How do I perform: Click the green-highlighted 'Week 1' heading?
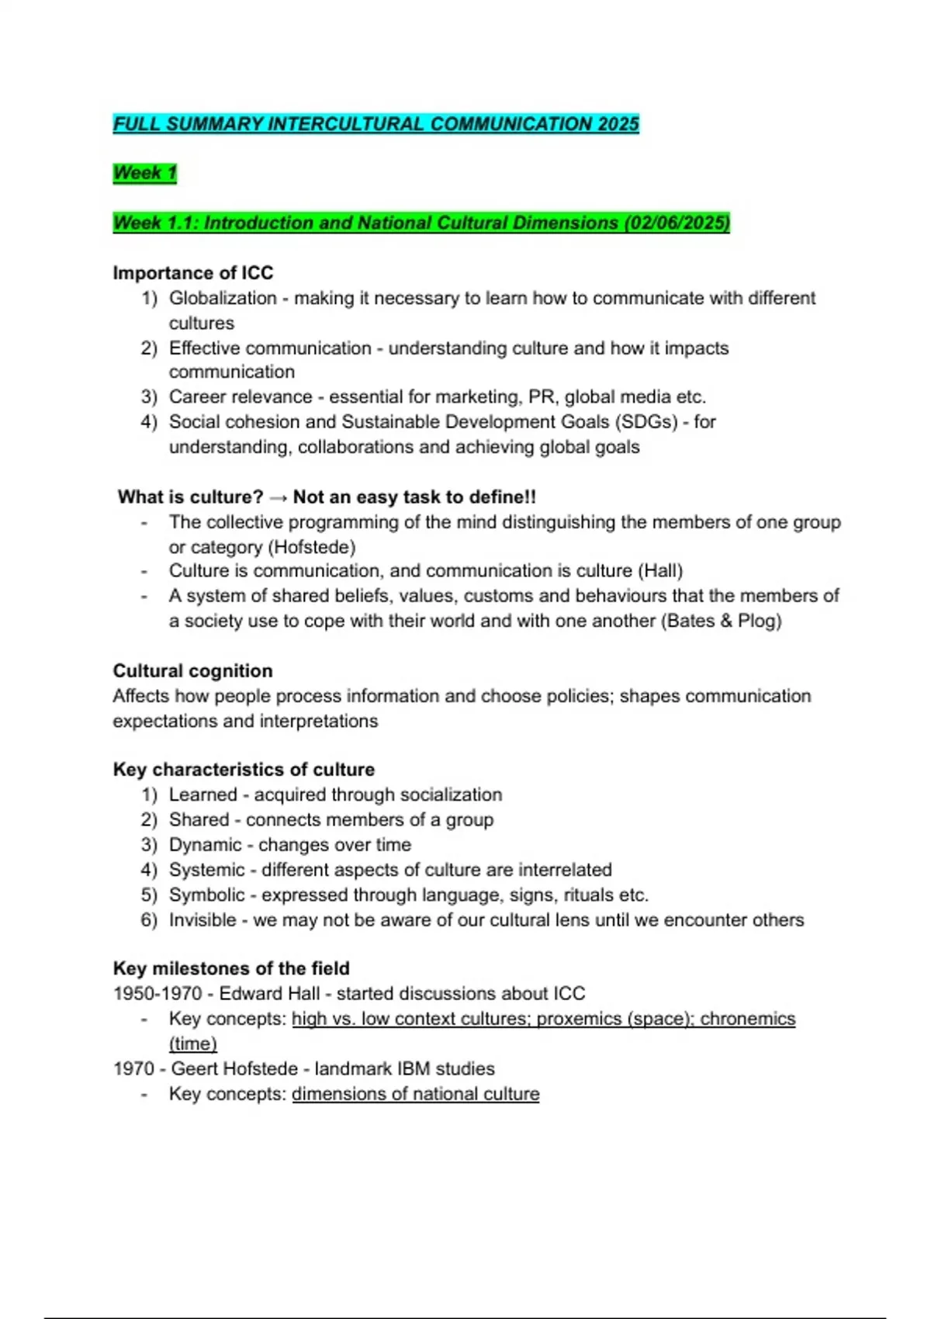pos(145,173)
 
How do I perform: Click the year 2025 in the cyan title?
pos(618,124)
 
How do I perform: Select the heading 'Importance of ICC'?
pos(193,273)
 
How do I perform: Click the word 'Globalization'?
pos(223,299)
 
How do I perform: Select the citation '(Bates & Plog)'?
pos(722,621)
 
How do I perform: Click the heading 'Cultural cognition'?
pos(193,671)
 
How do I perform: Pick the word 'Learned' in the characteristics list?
pos(203,795)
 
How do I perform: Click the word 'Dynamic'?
pos(206,845)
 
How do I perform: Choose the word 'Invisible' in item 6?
pos(202,920)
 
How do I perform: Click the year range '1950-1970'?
pos(157,994)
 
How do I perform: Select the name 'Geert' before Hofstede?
pos(194,1069)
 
